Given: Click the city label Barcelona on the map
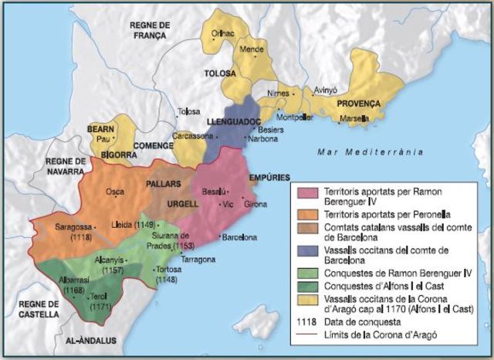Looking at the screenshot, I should [x=239, y=238].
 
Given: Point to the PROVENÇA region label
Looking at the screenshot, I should [x=359, y=103].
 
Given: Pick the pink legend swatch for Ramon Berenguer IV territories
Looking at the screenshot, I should [x=303, y=192].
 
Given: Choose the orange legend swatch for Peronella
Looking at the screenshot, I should [x=303, y=211].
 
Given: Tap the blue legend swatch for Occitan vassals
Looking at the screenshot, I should [x=303, y=250].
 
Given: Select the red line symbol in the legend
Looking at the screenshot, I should [x=303, y=334].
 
